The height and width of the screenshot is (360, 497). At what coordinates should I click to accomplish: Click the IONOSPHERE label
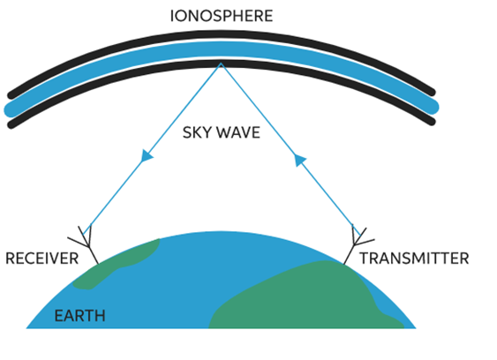(x=222, y=16)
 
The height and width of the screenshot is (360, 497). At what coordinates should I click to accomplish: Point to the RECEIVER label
(x=42, y=259)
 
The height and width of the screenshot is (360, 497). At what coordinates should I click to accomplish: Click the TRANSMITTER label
(x=414, y=259)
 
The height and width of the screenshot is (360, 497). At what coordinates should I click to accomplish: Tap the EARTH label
(x=79, y=316)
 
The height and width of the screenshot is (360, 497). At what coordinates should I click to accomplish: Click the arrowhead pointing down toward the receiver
(x=147, y=156)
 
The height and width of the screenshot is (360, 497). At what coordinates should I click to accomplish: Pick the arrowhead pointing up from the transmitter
(x=299, y=160)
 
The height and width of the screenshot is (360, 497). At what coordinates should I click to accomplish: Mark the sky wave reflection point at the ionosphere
(x=221, y=64)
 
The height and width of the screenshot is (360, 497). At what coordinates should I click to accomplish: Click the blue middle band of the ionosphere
(x=221, y=49)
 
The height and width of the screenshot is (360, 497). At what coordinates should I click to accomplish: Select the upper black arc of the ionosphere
(x=221, y=35)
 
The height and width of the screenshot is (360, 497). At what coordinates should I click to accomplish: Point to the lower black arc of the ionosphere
(x=221, y=64)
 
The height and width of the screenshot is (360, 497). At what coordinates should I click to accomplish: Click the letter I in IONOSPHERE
(x=172, y=16)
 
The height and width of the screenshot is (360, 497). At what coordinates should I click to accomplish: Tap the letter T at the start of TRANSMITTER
(x=365, y=259)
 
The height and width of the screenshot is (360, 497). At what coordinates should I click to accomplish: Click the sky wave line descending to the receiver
(x=152, y=149)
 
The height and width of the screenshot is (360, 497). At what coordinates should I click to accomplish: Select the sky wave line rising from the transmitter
(x=290, y=149)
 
